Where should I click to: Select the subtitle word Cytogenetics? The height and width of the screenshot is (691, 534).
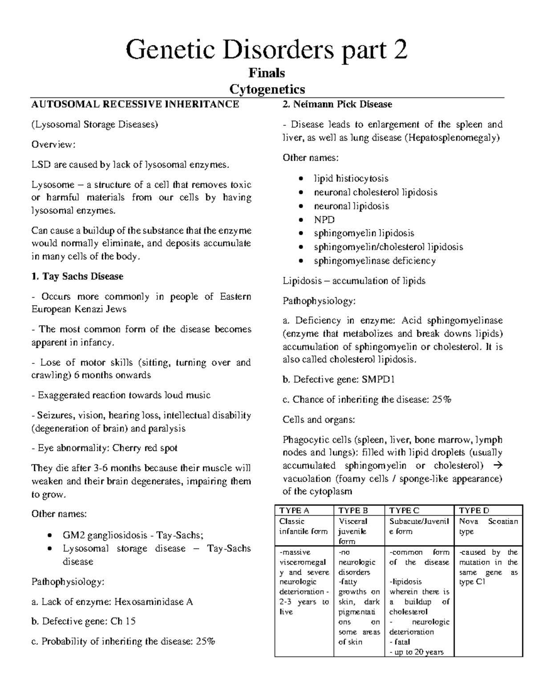[267, 89]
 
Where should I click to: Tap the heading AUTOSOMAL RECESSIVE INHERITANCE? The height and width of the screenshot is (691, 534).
[135, 105]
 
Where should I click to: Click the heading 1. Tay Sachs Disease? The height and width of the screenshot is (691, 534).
[77, 276]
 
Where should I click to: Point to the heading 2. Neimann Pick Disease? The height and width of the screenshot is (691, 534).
[337, 105]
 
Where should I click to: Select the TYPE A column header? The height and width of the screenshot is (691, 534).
[294, 510]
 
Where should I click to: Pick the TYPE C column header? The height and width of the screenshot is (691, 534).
[404, 510]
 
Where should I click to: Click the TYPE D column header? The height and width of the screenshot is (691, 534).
[474, 510]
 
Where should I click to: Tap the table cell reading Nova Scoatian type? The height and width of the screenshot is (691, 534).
[488, 526]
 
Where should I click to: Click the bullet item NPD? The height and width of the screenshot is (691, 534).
[324, 220]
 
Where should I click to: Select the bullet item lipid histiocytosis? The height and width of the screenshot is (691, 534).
[351, 178]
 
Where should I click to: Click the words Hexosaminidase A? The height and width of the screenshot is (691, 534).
[154, 602]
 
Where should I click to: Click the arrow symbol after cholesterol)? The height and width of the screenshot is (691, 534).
[498, 466]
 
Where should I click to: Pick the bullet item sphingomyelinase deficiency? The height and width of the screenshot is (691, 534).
[374, 261]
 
